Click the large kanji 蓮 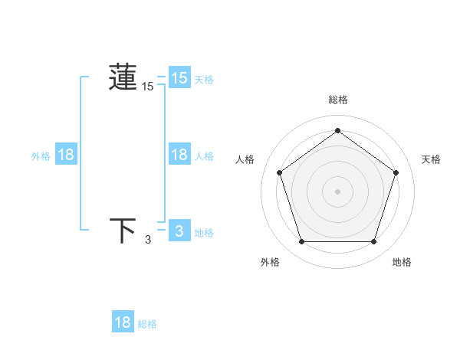(x=123, y=78)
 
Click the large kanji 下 (x=123, y=231)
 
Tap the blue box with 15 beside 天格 (x=179, y=78)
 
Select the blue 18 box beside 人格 (x=179, y=155)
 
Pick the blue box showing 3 (x=179, y=231)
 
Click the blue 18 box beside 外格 (x=66, y=155)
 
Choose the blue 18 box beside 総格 (x=123, y=322)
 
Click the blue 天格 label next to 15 (x=204, y=80)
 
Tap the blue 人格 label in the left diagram (x=204, y=156)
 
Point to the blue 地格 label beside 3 (x=204, y=233)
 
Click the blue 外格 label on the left (x=41, y=156)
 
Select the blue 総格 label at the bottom (x=147, y=324)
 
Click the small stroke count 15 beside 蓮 (x=147, y=87)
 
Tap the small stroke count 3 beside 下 (x=148, y=240)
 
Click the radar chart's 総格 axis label (x=337, y=100)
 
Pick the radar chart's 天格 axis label (x=431, y=159)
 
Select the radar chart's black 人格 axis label (x=245, y=159)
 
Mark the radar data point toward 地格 (x=373, y=242)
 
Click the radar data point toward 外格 (x=301, y=242)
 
